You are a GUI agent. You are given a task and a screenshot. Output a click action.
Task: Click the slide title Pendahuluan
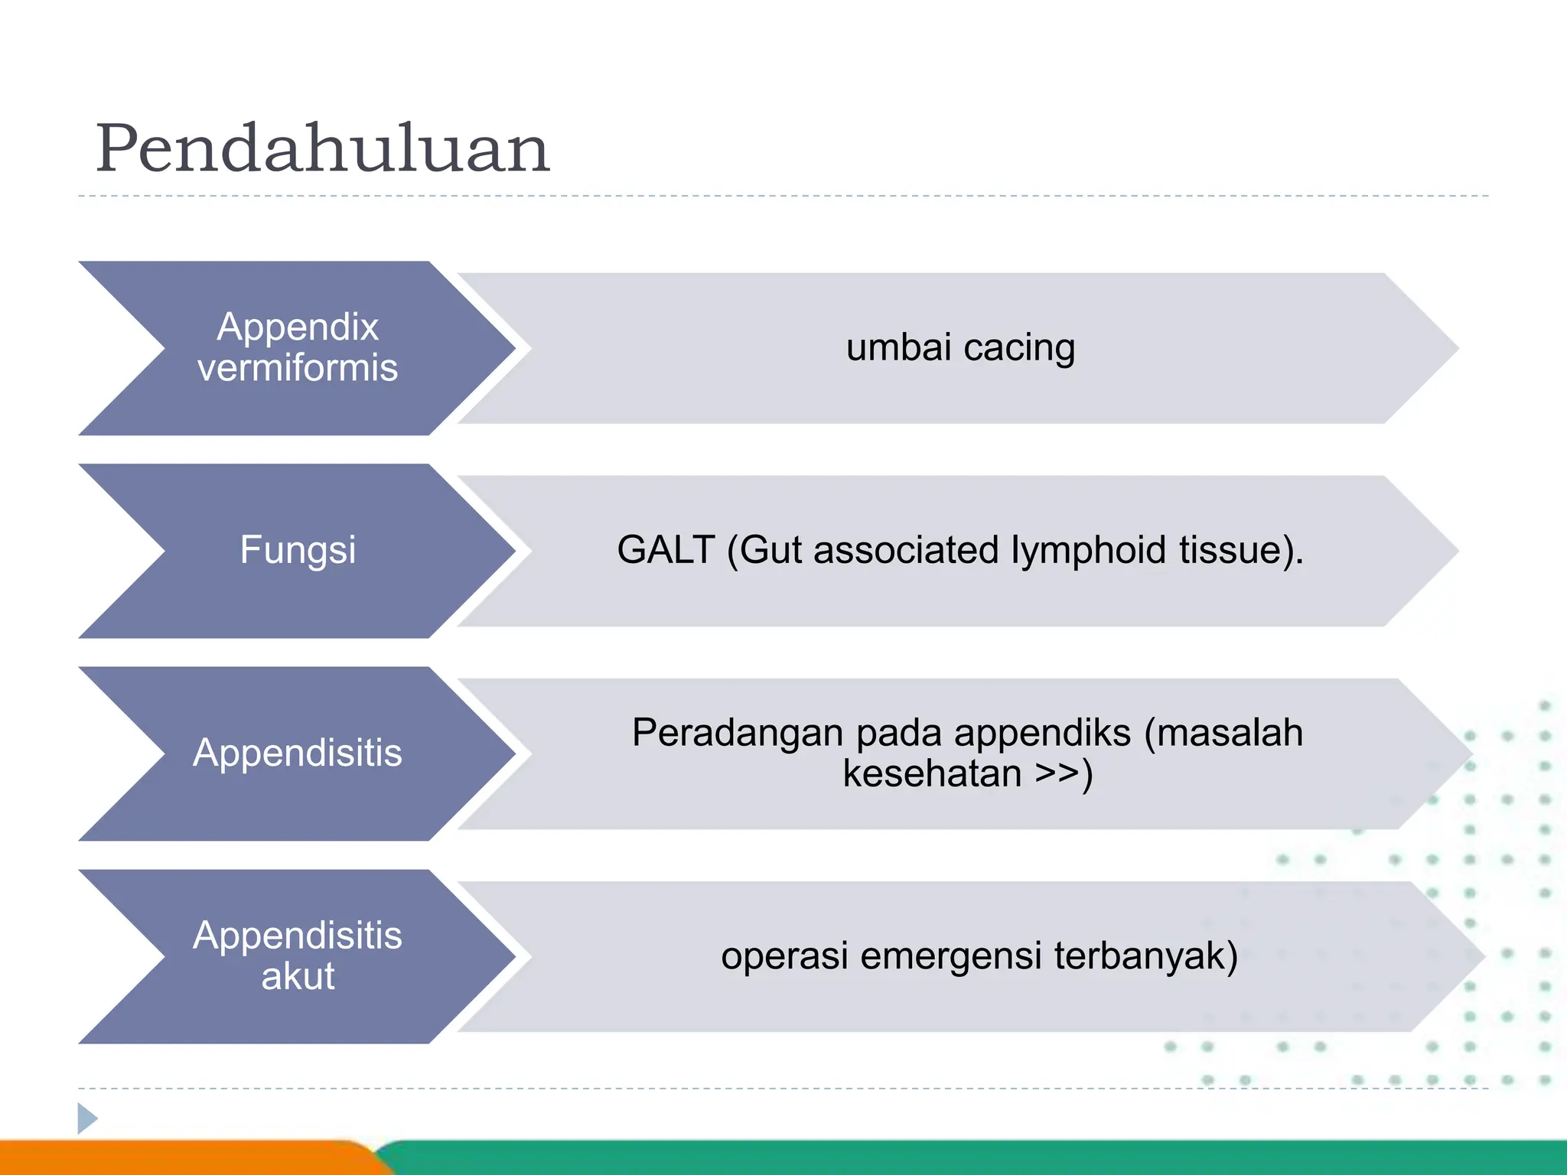tap(322, 149)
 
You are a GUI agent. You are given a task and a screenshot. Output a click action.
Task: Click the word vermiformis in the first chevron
tap(298, 368)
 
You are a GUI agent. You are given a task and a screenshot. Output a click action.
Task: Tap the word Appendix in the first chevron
tap(298, 327)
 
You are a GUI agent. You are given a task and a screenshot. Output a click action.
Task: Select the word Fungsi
tap(298, 550)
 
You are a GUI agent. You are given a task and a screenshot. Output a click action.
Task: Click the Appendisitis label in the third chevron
tap(298, 753)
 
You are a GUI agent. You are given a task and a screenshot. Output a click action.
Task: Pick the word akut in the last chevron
tap(298, 976)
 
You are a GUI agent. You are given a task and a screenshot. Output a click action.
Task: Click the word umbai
tap(898, 347)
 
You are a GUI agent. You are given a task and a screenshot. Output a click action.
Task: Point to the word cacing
tap(1019, 349)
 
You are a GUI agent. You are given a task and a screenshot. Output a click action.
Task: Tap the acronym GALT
tap(666, 550)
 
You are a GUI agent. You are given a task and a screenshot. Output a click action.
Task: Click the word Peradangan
tap(738, 734)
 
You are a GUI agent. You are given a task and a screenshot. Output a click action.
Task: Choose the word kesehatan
tap(932, 773)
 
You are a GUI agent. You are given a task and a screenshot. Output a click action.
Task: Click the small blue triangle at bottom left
tap(86, 1118)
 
